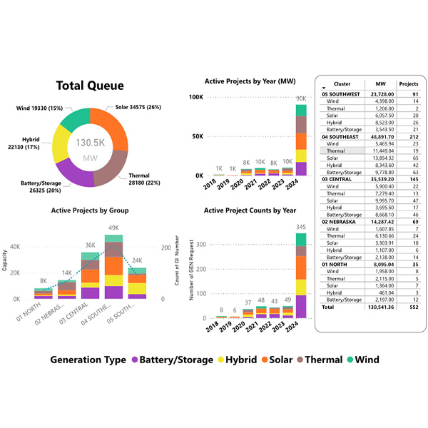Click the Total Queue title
(x=90, y=86)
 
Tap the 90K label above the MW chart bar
(x=301, y=98)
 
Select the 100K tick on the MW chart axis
(x=195, y=97)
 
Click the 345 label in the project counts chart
(x=301, y=227)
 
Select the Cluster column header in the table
(x=342, y=83)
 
